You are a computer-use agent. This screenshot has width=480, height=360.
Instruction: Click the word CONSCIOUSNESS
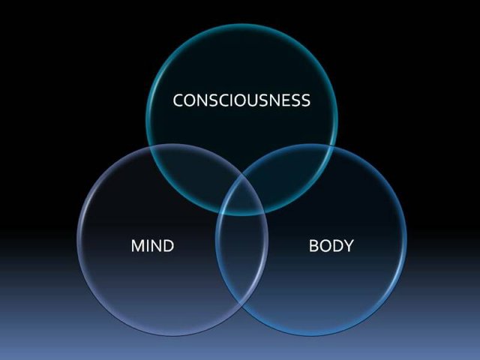pyautogui.click(x=241, y=100)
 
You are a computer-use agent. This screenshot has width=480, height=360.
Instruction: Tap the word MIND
pyautogui.click(x=152, y=246)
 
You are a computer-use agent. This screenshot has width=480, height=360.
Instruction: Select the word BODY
pyautogui.click(x=331, y=246)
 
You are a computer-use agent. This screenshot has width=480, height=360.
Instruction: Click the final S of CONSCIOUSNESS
pyautogui.click(x=306, y=100)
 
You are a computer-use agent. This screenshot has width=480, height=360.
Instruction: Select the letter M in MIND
pyautogui.click(x=137, y=246)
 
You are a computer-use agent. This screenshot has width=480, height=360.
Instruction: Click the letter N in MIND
pyautogui.click(x=156, y=246)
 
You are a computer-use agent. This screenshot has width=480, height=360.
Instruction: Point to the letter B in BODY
pyautogui.click(x=313, y=246)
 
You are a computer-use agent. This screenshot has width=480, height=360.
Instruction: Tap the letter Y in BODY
pyautogui.click(x=348, y=246)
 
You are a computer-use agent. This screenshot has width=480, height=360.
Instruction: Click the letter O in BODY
pyautogui.click(x=325, y=246)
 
